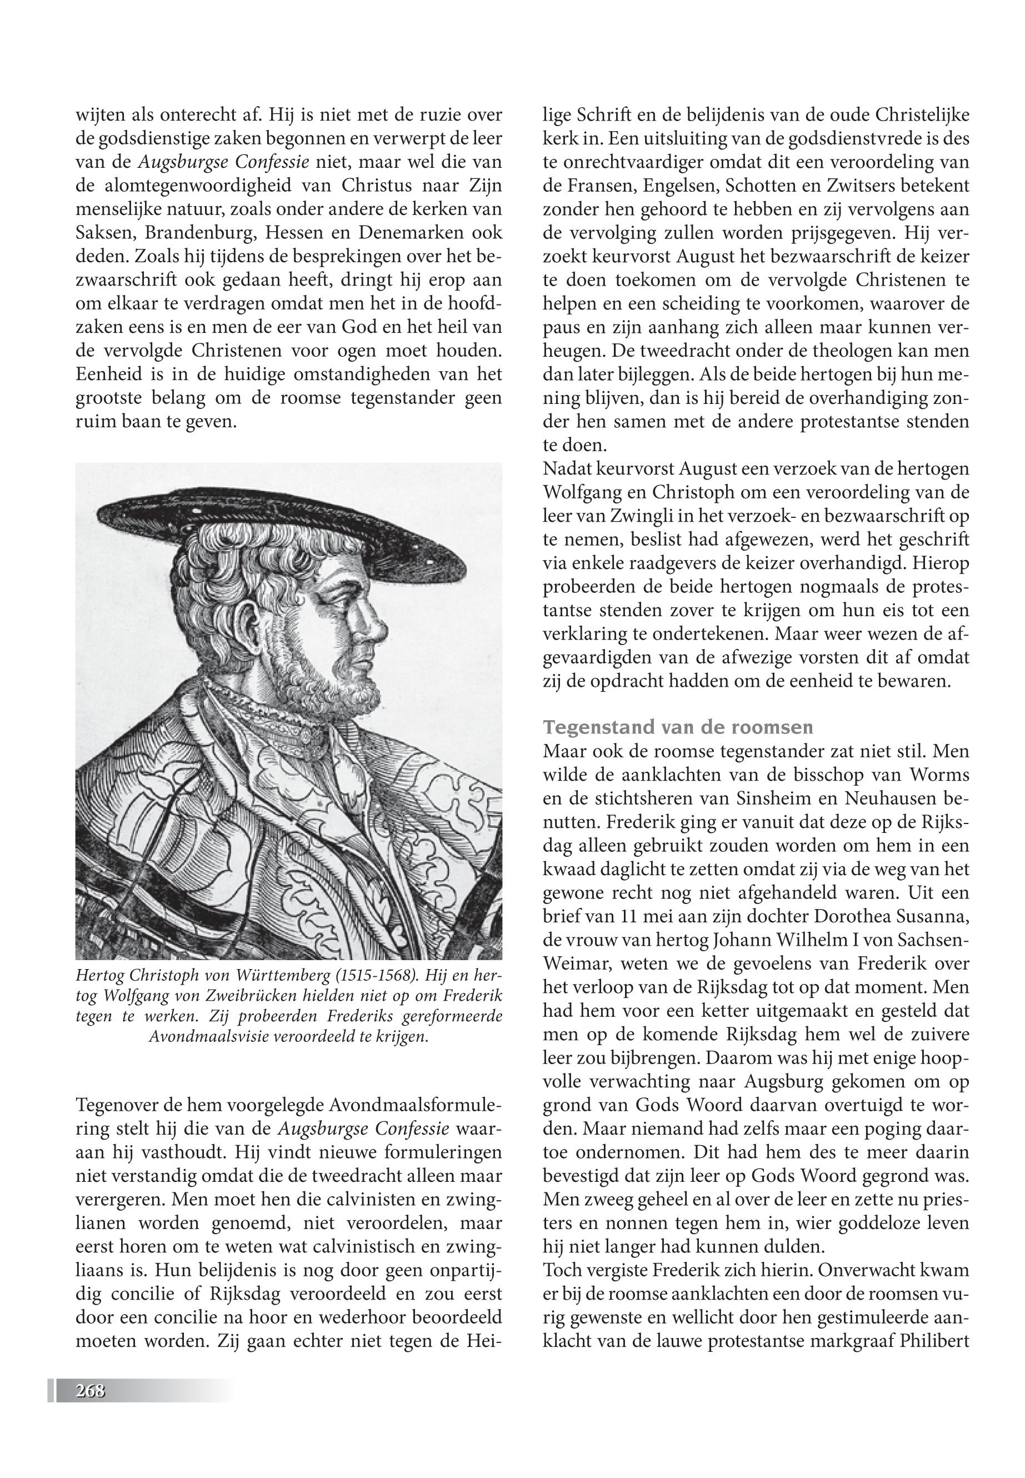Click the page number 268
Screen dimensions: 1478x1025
click(x=90, y=1391)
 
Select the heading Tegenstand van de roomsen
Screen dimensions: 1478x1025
click(x=678, y=727)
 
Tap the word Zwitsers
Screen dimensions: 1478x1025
click(x=851, y=186)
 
